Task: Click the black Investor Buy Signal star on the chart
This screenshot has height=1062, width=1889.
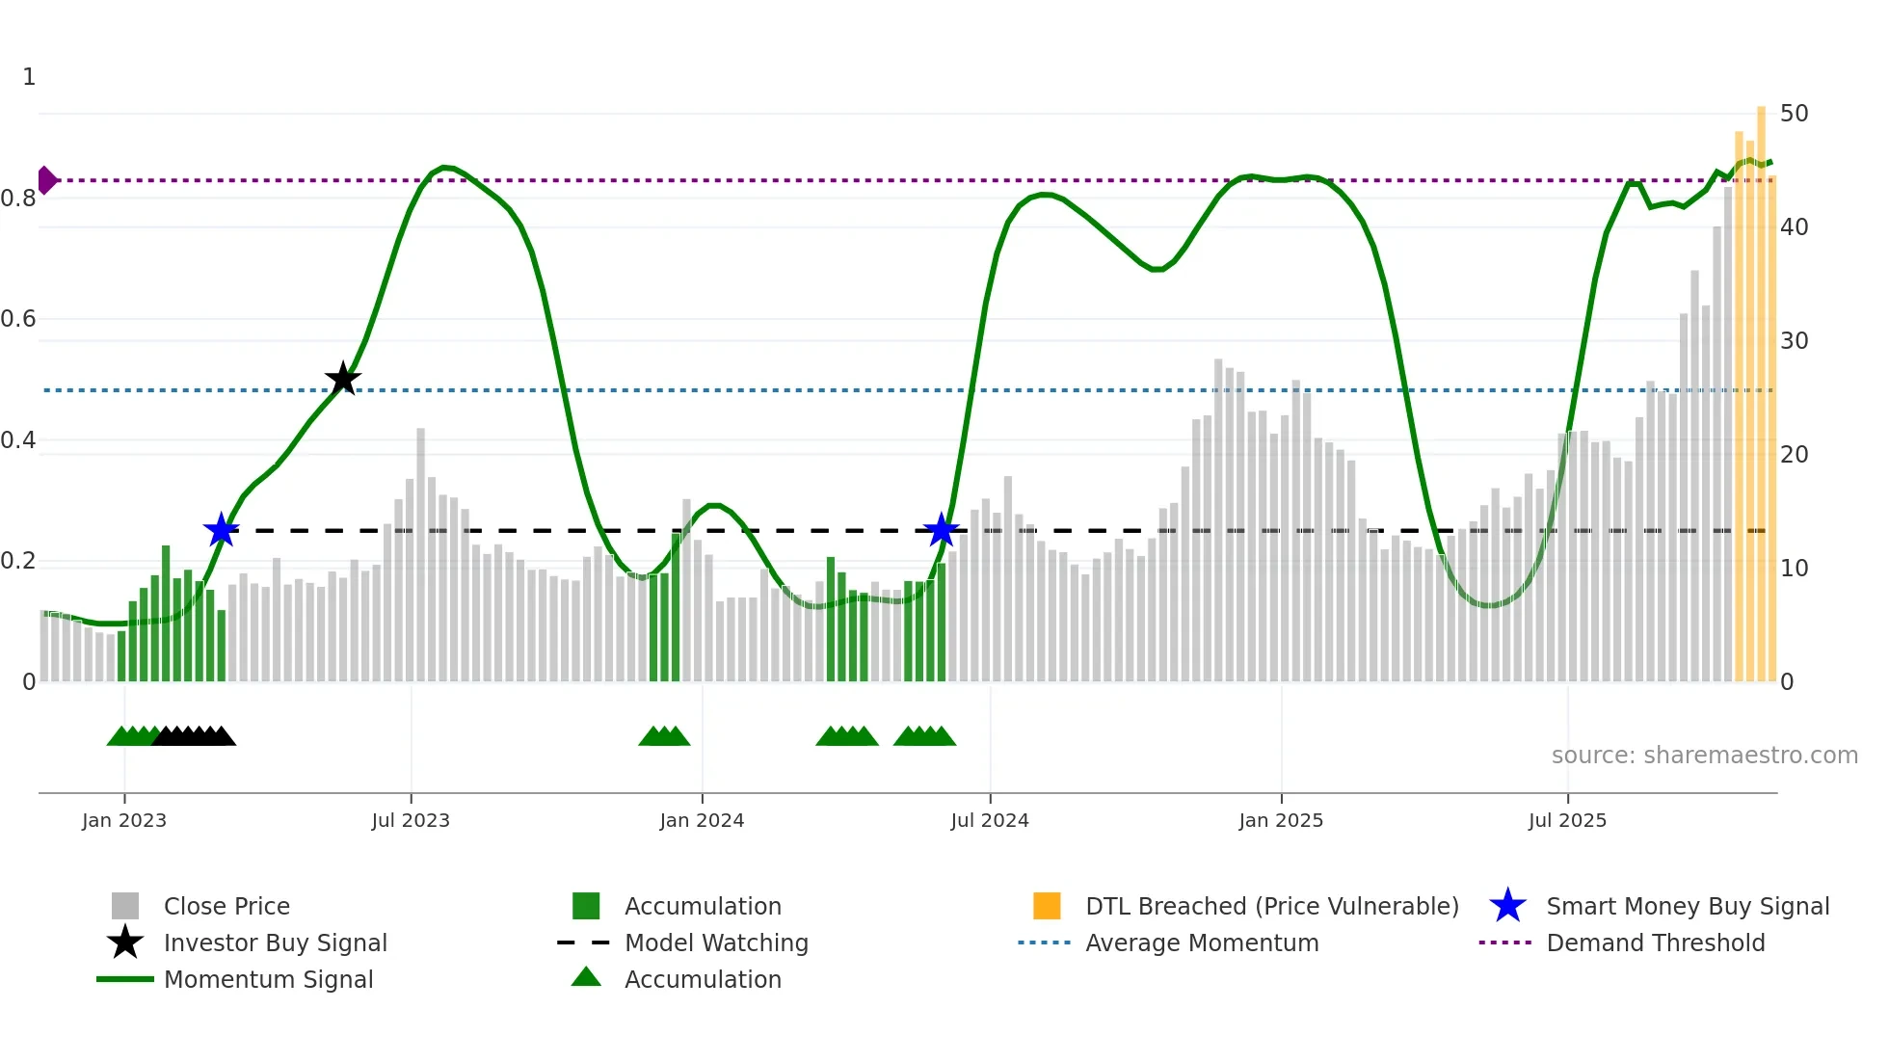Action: click(x=343, y=379)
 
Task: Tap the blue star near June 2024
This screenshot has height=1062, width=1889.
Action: click(x=941, y=529)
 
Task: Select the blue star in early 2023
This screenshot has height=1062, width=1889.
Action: click(x=221, y=529)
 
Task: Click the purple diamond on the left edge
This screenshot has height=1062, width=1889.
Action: click(x=46, y=180)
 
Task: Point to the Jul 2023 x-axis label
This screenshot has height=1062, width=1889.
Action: click(x=411, y=820)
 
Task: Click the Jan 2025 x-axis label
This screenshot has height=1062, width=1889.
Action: click(x=1281, y=820)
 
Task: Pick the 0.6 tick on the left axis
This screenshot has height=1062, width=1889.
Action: click(x=19, y=319)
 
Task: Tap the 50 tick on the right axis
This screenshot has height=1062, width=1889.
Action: click(x=1794, y=114)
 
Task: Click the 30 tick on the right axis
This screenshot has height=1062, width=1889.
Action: click(x=1794, y=341)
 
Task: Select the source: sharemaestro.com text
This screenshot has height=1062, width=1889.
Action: click(x=1704, y=756)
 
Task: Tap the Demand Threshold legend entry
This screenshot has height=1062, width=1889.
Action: click(x=1655, y=943)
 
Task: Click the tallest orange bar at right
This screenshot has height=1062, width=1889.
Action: click(x=1761, y=385)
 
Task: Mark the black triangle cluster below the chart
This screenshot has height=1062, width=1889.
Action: click(x=195, y=736)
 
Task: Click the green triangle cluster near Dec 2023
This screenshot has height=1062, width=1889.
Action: click(x=664, y=736)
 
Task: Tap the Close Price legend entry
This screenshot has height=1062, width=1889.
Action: click(x=226, y=906)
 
